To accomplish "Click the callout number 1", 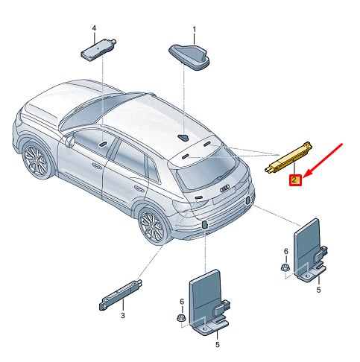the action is tap(195, 29).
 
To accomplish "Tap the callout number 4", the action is tap(94, 28).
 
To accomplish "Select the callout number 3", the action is tap(123, 316).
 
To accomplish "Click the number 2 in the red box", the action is tap(295, 180).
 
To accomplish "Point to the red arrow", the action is tap(323, 160).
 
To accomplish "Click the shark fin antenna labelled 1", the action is tap(189, 57).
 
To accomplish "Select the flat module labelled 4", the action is tap(98, 50).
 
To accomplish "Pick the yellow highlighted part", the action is tap(288, 158).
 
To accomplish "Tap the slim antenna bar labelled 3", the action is tap(121, 295).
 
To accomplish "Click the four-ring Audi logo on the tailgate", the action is tap(226, 188).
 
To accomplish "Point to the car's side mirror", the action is tap(70, 142).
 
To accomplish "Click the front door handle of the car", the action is tap(97, 165).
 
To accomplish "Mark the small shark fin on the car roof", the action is tap(183, 138).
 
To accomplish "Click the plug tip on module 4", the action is tap(113, 41).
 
